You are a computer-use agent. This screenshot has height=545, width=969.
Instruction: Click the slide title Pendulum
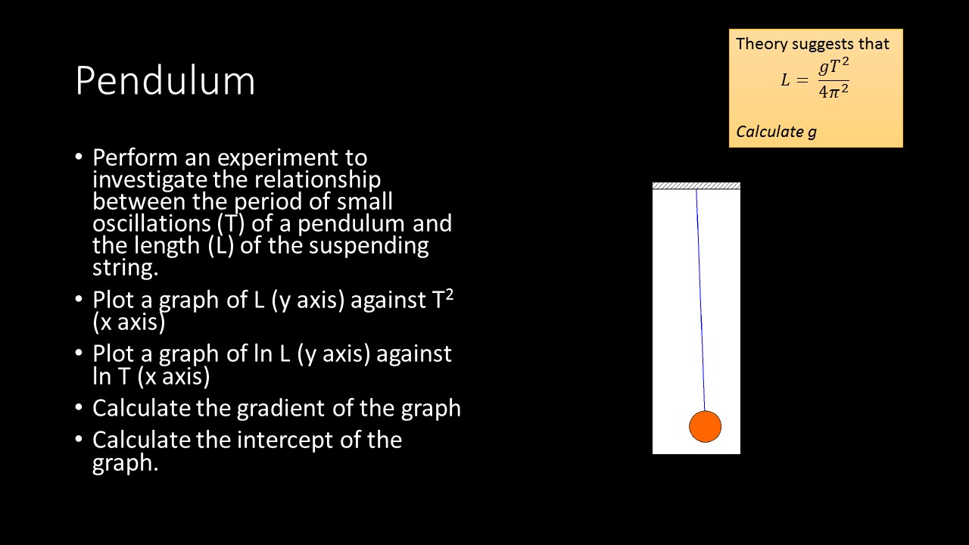165,81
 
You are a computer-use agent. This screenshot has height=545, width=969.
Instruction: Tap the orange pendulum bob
705,427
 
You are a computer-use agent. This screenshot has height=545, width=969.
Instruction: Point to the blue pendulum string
700,303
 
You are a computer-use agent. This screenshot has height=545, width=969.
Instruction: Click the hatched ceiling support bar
696,185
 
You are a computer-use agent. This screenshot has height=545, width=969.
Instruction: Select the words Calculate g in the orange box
776,132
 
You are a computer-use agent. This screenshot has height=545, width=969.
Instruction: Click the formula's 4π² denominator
833,92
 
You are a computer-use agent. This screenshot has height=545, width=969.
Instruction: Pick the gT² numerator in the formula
833,67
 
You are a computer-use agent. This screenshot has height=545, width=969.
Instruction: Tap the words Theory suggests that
812,44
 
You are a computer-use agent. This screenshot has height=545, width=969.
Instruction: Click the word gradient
283,408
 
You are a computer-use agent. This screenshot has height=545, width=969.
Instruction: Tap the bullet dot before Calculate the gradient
79,408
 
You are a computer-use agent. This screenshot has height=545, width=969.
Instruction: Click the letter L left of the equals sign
786,80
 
